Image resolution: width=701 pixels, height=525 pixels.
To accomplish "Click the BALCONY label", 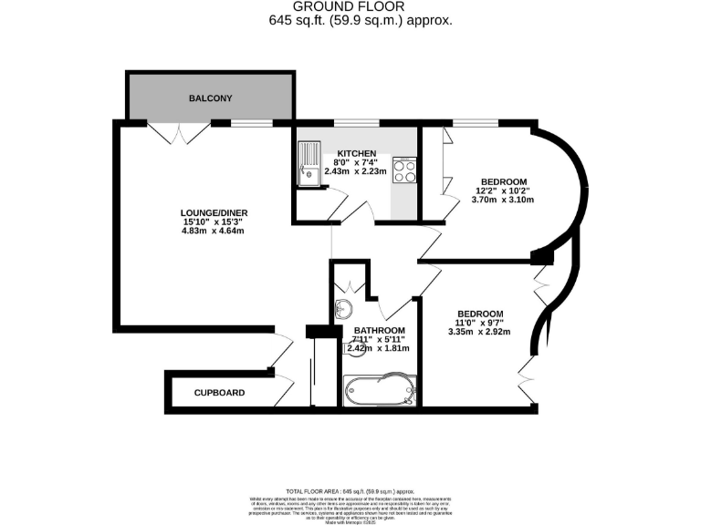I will tap(210, 98).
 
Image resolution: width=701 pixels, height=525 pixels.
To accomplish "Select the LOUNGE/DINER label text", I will tap(214, 212).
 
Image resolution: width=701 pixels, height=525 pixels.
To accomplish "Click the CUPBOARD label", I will tap(219, 393).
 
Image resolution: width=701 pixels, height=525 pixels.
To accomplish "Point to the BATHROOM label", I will tap(379, 330).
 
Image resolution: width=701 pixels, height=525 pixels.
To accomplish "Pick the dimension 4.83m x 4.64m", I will tap(214, 231).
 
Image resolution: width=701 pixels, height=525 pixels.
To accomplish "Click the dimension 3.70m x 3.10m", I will tap(502, 200).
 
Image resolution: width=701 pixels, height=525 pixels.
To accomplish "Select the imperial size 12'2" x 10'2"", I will tap(502, 190).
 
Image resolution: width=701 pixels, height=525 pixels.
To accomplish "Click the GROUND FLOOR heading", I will tap(350, 6).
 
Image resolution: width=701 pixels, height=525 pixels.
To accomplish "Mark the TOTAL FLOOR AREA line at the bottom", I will tap(350, 490).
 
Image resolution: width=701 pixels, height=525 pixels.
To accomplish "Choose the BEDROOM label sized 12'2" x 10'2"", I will tap(502, 180).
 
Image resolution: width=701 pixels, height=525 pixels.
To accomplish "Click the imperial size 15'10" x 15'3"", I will tap(214, 221).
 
